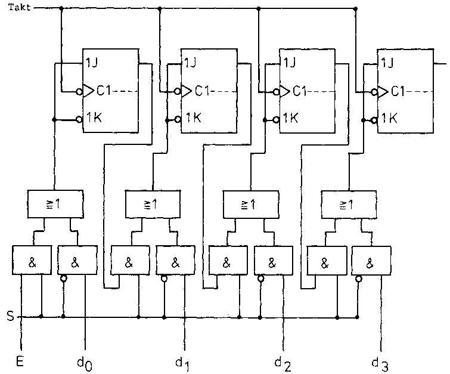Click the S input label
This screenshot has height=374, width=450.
(x=10, y=317)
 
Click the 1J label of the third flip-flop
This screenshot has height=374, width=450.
(x=288, y=63)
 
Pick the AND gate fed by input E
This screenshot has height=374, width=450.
(x=32, y=261)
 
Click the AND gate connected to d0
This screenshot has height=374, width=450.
(x=76, y=261)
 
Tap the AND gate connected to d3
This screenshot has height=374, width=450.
(x=371, y=261)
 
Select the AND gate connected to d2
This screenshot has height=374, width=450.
(x=272, y=261)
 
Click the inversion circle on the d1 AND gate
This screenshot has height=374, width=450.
(x=164, y=278)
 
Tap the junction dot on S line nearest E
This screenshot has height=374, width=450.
(x=41, y=317)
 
